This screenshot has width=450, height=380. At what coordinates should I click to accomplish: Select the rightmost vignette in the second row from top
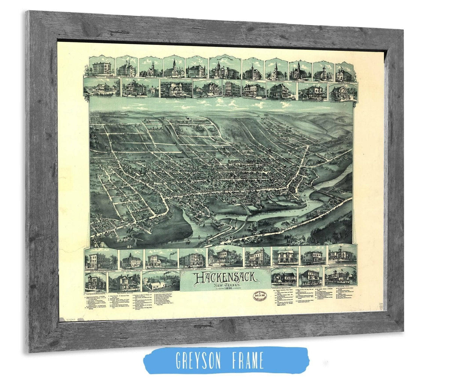(x=343, y=92)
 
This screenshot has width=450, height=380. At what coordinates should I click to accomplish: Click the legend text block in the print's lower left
(x=124, y=304)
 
